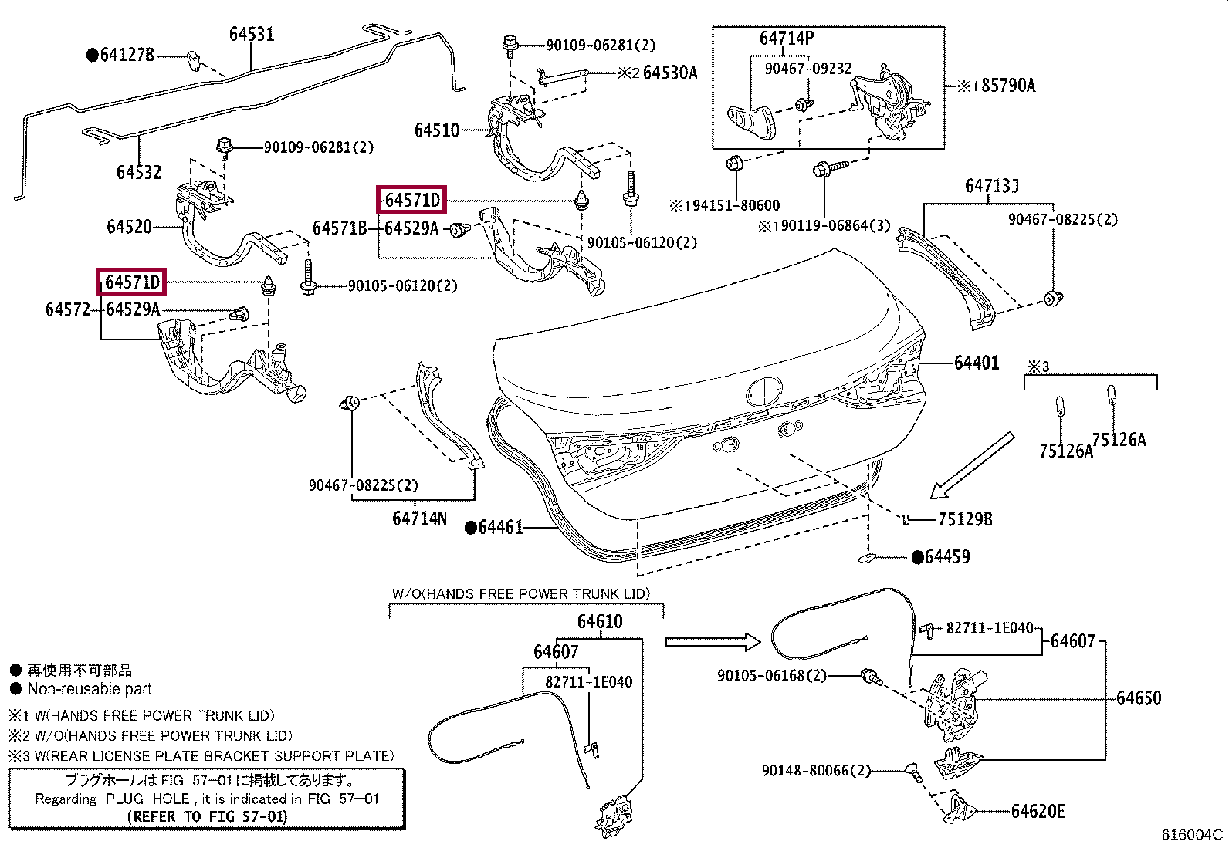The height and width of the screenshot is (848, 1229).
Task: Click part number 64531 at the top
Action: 252,34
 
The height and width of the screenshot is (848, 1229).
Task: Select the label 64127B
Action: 127,55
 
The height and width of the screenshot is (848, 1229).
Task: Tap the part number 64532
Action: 139,172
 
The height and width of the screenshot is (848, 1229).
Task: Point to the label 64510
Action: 437,130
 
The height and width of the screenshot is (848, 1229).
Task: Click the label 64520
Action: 129,227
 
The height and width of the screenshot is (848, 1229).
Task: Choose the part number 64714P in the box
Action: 786,38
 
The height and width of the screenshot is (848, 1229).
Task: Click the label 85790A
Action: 1008,86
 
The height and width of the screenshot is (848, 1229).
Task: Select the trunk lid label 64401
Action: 977,363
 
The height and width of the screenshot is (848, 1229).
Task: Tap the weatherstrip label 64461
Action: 500,527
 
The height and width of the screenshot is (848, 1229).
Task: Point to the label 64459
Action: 947,557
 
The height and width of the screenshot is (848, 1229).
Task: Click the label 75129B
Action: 965,519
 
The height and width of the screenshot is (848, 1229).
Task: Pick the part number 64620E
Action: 1038,811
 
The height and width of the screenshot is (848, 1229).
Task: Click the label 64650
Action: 1139,698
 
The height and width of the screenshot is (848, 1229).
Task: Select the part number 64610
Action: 600,621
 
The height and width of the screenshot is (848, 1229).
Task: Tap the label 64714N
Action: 420,518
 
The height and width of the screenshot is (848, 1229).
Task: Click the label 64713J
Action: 992,186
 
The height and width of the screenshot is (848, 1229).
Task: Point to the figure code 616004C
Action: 1192,834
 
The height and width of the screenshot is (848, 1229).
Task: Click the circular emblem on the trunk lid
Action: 765,392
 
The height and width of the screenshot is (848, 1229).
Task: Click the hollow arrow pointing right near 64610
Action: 713,641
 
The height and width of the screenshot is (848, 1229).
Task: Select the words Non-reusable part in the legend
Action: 90,689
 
